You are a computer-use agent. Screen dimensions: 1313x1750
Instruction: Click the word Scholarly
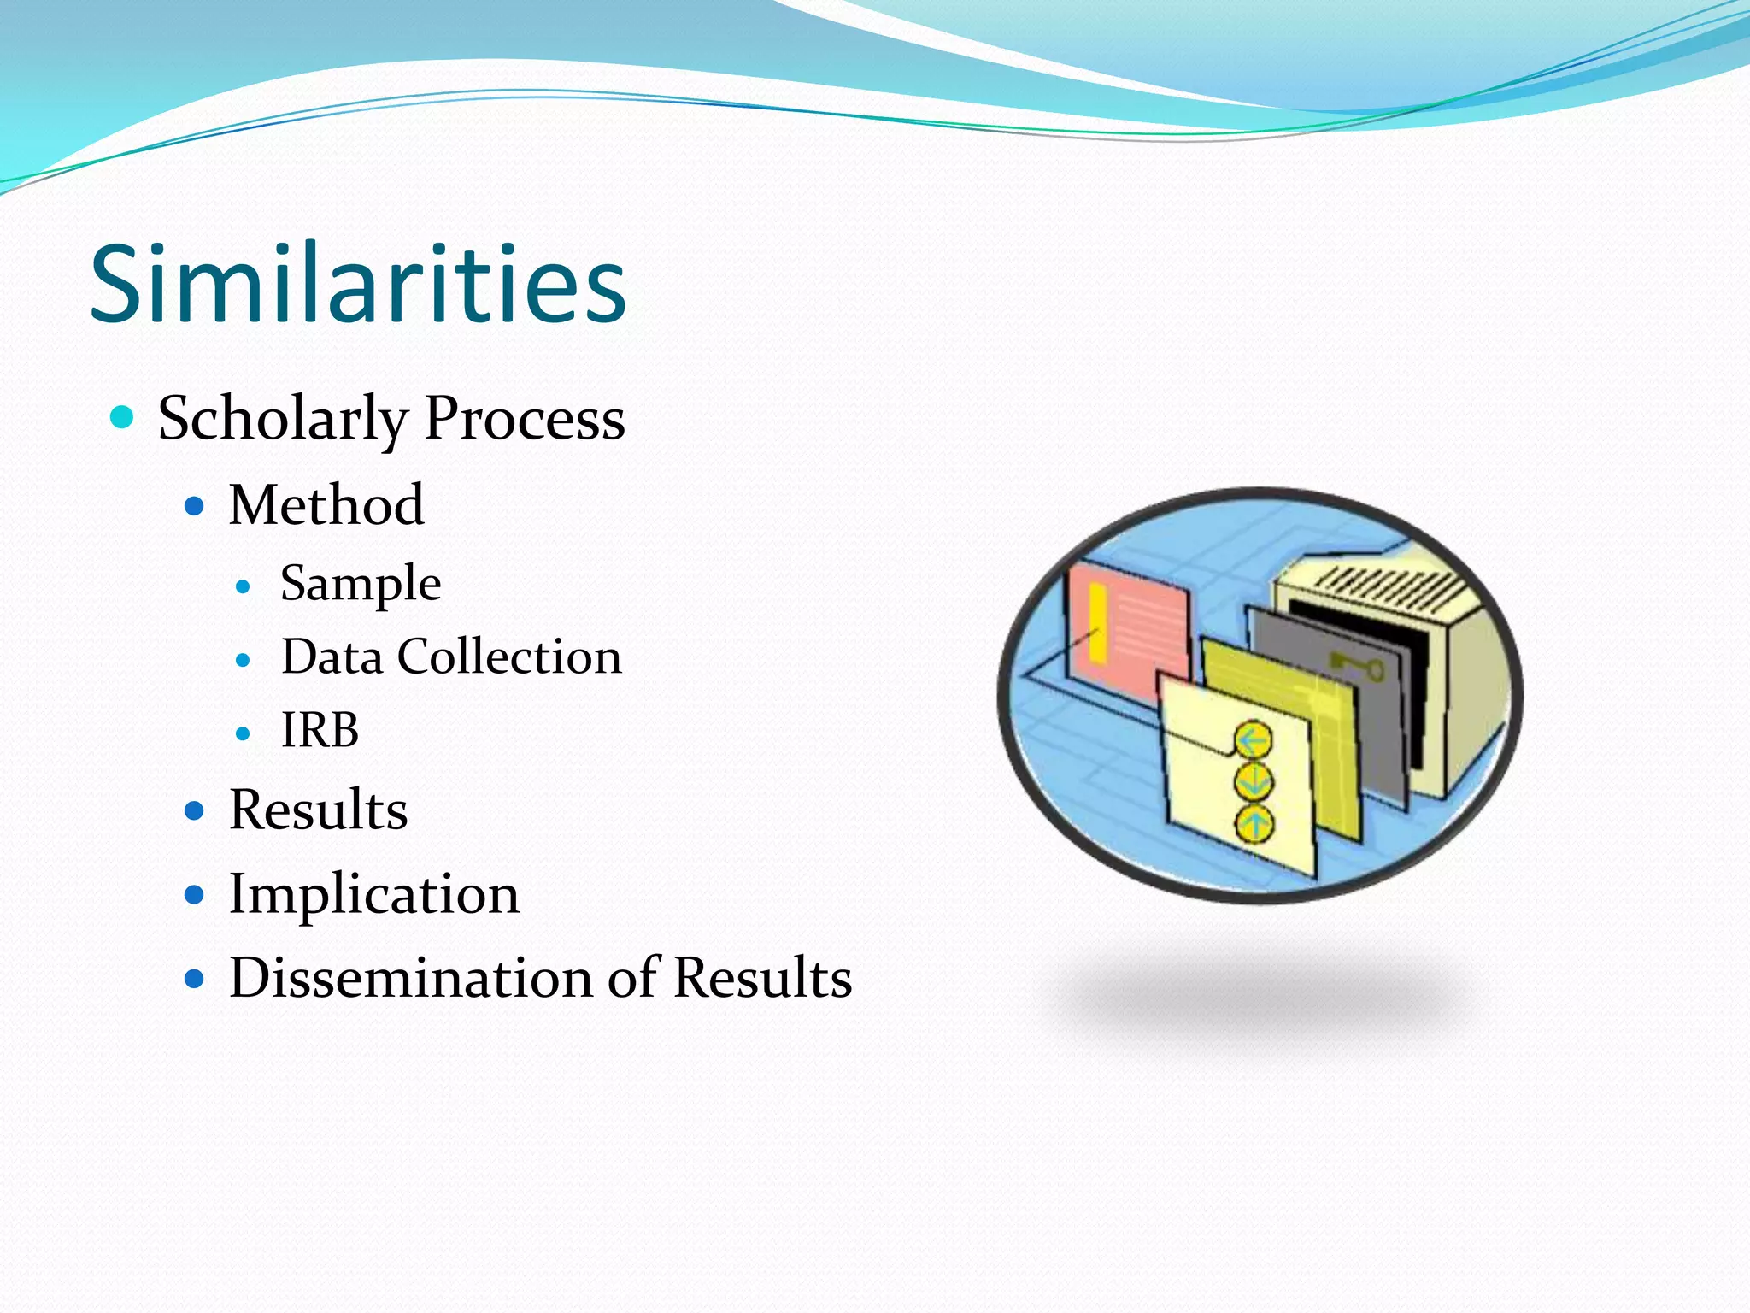283,419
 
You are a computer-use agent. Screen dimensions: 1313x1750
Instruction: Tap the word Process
525,419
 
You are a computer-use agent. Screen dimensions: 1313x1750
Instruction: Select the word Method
326,504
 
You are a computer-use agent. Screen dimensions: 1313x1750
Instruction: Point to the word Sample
361,585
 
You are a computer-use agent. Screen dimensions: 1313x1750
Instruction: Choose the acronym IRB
320,731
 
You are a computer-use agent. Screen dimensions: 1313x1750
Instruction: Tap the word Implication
373,894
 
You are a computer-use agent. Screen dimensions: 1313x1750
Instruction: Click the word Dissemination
410,977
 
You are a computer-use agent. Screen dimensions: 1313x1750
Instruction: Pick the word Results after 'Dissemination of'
762,977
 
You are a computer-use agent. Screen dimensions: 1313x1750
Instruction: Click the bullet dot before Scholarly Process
123,418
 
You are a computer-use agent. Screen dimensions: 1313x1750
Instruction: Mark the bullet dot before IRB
243,733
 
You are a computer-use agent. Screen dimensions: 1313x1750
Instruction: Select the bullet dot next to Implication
195,895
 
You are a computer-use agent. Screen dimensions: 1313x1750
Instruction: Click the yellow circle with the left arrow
1254,740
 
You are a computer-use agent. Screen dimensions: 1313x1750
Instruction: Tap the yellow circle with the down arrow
1254,782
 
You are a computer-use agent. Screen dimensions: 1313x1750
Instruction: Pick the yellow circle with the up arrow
1254,825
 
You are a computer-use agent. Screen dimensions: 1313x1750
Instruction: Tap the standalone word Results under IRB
318,810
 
